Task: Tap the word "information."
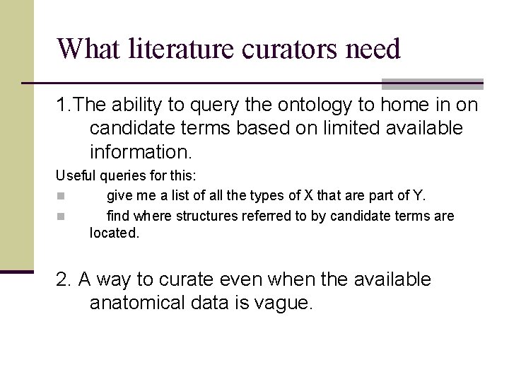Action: pyautogui.click(x=141, y=152)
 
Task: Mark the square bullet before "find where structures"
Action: pyautogui.click(x=61, y=216)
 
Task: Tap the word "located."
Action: pyautogui.click(x=115, y=232)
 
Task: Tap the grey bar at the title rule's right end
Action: pyautogui.click(x=432, y=83)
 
